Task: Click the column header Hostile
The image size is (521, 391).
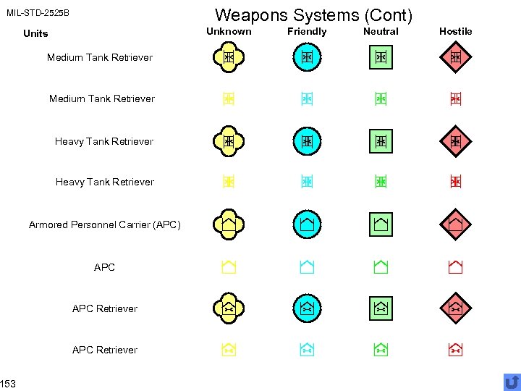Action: (x=455, y=31)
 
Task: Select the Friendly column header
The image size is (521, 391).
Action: (x=307, y=31)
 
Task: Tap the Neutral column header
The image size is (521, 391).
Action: (x=381, y=31)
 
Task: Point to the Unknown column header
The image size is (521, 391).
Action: (x=229, y=31)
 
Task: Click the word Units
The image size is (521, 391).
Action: (x=35, y=33)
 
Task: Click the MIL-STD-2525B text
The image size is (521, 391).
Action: (x=38, y=13)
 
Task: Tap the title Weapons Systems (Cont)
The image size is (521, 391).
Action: (x=313, y=14)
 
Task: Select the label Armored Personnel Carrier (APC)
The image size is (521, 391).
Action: (x=104, y=224)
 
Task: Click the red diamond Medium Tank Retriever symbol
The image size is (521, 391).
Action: (x=455, y=57)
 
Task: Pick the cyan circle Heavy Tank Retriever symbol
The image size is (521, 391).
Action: (x=307, y=141)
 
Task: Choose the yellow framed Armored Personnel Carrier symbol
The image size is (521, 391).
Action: (x=229, y=224)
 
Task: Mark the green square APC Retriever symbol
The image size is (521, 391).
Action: (x=381, y=308)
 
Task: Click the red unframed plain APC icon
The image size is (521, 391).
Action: (x=455, y=267)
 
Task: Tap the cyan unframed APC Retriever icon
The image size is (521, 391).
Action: (x=307, y=350)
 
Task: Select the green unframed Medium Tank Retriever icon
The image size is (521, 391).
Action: (x=381, y=99)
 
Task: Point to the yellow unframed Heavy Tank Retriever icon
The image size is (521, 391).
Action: (x=229, y=182)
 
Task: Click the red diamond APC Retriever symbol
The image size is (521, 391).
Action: (x=455, y=308)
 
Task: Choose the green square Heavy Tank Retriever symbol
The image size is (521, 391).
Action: (x=381, y=141)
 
